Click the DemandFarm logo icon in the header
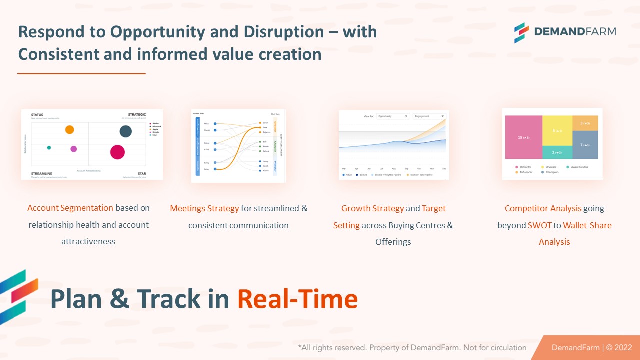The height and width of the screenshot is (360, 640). pos(521,32)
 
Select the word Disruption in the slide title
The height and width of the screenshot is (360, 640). pos(283,31)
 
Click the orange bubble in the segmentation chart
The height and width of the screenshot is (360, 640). pos(69,130)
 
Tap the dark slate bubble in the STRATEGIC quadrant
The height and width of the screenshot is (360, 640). pos(125,131)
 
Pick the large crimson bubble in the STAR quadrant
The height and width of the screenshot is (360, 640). pos(117,152)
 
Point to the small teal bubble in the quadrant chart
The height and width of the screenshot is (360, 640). pos(49,148)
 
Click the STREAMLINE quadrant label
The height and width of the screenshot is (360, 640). pos(41,173)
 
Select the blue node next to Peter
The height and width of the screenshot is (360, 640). pos(215,169)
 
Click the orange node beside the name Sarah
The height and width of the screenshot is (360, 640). pos(259,123)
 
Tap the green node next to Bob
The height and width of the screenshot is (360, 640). pos(259,142)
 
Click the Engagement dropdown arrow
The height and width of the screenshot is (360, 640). pos(443,116)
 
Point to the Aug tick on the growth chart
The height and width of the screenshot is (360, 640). pos(394,169)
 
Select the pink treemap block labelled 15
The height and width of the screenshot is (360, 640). pos(523,137)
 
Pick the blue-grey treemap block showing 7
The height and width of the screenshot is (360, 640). pos(585,145)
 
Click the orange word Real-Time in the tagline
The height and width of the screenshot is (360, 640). pos(297,299)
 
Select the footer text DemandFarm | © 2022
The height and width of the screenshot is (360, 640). pos(592,347)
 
